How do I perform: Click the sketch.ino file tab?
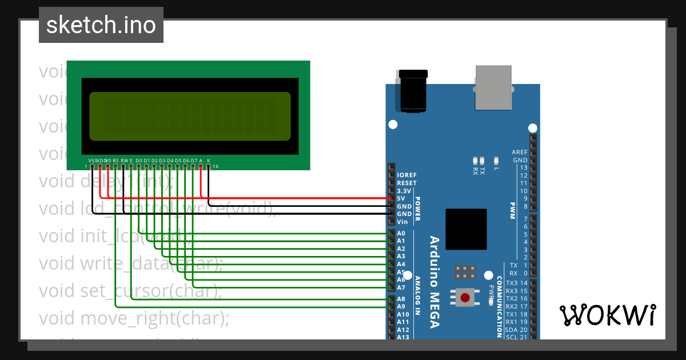tap(101, 25)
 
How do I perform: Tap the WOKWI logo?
tap(607, 315)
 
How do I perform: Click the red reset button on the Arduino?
tap(465, 298)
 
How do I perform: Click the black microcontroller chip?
tap(466, 229)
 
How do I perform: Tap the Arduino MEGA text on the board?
tap(434, 282)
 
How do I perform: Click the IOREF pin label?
tap(406, 175)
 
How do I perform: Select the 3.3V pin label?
tap(404, 191)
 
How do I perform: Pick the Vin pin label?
tap(402, 221)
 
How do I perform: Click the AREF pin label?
tap(520, 153)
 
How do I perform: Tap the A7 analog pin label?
tap(401, 287)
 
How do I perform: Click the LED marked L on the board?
tap(496, 162)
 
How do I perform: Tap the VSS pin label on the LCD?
tap(92, 161)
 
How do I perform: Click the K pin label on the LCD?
tap(209, 161)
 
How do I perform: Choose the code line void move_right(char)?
tap(134, 318)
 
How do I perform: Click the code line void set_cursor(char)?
tap(130, 291)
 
